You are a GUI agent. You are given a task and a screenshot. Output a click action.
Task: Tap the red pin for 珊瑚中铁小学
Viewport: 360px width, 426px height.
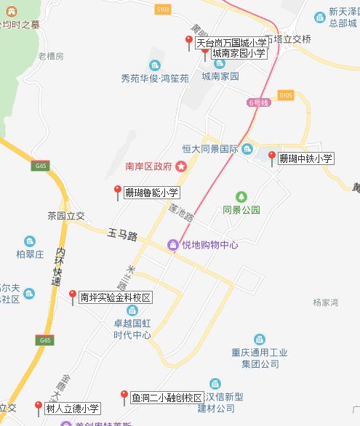coord(272,156)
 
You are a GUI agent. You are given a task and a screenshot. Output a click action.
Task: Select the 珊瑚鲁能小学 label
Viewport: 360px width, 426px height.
coord(151,193)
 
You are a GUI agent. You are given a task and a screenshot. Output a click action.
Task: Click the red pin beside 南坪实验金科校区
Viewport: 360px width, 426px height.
coord(72,295)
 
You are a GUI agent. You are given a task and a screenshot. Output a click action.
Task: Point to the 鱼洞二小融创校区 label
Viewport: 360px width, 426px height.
coord(167,398)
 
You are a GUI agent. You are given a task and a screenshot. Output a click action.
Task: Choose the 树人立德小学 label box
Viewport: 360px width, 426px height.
coord(72,409)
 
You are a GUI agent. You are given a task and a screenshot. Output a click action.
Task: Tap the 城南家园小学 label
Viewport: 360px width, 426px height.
coord(238,54)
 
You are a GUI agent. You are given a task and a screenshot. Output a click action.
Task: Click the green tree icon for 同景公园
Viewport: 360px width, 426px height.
coord(241,196)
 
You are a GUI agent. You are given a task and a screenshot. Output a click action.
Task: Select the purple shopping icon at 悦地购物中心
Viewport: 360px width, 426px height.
coord(173,245)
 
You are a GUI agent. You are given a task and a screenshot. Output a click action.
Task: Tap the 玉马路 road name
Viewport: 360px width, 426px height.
coord(122,235)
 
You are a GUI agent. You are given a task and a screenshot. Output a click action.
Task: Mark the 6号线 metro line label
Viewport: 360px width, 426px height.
coord(257,103)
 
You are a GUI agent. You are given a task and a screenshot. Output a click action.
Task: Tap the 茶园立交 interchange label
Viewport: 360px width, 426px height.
coord(66,216)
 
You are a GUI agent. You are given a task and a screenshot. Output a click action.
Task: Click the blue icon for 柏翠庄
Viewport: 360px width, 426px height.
coord(30,241)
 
